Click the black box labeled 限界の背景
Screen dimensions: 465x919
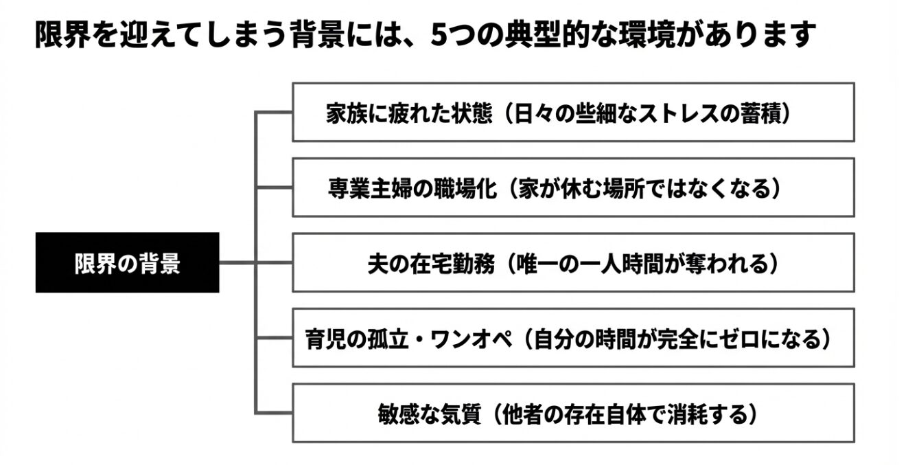[x=127, y=263]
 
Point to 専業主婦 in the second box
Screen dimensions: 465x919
[x=370, y=188]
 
